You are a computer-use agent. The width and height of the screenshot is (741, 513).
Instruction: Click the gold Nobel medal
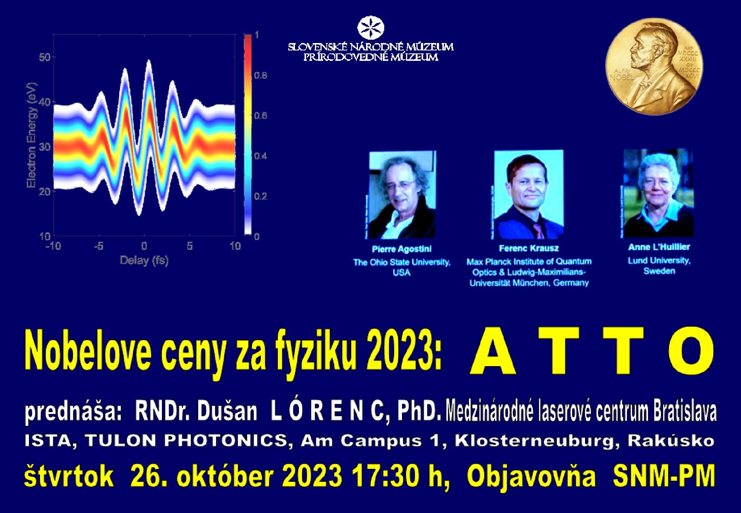[654, 67]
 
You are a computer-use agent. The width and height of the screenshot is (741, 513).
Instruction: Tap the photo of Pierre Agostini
[402, 194]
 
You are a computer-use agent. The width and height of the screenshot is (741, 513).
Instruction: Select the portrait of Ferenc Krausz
[529, 194]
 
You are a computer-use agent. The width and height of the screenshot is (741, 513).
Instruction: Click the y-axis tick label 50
[45, 57]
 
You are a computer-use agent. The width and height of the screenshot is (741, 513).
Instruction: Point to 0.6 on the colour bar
[260, 116]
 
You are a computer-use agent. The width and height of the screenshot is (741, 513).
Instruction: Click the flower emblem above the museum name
[370, 28]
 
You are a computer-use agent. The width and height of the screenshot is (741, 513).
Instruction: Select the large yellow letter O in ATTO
[691, 351]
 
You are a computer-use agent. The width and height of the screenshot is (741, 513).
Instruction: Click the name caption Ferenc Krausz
[529, 248]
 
